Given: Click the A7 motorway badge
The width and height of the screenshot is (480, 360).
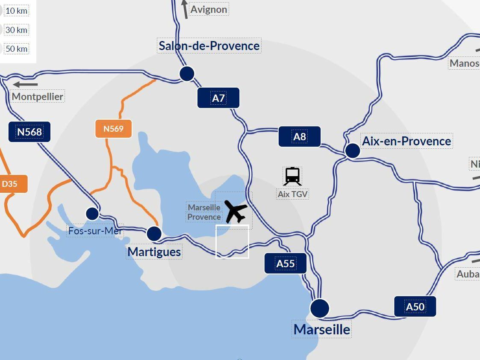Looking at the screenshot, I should pyautogui.click(x=218, y=98).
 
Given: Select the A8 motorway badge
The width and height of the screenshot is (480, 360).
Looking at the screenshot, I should pyautogui.click(x=299, y=136).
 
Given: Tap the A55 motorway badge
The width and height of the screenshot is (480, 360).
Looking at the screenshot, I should pyautogui.click(x=285, y=263).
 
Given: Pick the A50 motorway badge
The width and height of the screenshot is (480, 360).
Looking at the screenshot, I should pyautogui.click(x=415, y=307).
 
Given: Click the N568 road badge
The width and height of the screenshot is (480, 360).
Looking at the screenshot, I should pyautogui.click(x=29, y=132).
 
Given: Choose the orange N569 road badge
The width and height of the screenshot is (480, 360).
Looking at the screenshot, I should pyautogui.click(x=113, y=128).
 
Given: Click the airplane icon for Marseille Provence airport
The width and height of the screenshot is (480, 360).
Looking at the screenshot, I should pyautogui.click(x=236, y=211).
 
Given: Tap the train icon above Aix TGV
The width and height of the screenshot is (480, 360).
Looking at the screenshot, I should pyautogui.click(x=292, y=176).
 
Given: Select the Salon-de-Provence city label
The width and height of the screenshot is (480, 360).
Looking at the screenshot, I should pyautogui.click(x=209, y=46).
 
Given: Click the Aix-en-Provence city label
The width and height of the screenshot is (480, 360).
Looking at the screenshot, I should pyautogui.click(x=406, y=141).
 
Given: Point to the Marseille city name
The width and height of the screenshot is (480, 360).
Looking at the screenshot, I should pyautogui.click(x=322, y=329).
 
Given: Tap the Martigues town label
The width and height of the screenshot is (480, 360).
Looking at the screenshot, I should pyautogui.click(x=154, y=251).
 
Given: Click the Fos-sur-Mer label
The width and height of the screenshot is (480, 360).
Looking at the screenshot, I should pyautogui.click(x=95, y=231).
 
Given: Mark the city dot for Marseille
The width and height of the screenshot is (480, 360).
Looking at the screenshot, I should pyautogui.click(x=320, y=308).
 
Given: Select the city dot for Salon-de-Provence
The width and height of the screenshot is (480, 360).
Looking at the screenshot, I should pyautogui.click(x=187, y=74).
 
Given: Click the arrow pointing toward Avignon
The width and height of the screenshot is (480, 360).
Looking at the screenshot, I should pyautogui.click(x=185, y=9).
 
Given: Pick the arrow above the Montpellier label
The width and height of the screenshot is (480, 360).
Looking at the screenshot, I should pyautogui.click(x=25, y=84).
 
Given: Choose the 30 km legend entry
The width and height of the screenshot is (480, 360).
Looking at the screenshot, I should pyautogui.click(x=16, y=30).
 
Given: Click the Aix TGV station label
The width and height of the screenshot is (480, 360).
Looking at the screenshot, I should pyautogui.click(x=293, y=194).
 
